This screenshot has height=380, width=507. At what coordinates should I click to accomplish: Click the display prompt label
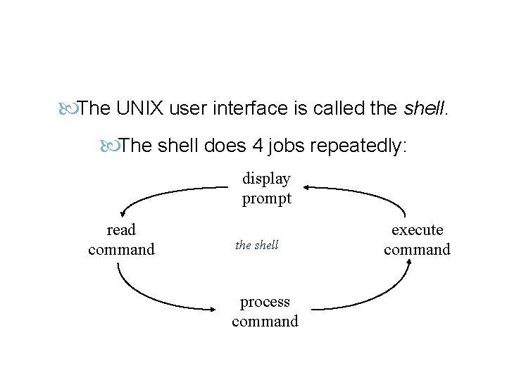click(267, 189)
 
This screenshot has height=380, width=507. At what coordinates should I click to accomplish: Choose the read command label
click(121, 239)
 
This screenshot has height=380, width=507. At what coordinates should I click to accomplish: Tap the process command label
click(265, 312)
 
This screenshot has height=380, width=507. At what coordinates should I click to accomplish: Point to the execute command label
click(417, 239)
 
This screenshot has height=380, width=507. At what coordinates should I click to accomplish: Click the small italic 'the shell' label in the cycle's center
click(257, 245)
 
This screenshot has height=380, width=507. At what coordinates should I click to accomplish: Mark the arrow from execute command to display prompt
click(366, 192)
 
